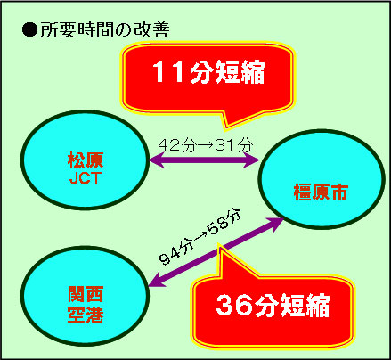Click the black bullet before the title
(29, 29)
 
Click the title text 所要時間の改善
(105, 29)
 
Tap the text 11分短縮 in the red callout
(208, 72)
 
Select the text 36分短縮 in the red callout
(273, 305)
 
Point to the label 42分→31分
(206, 145)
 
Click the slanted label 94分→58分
(200, 237)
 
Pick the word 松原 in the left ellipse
(86, 160)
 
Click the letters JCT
(86, 178)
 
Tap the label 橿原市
(321, 192)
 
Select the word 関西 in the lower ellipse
(86, 294)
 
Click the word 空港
(86, 315)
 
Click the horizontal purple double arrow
(204, 160)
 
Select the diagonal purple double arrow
(216, 252)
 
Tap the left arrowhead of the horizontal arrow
(155, 160)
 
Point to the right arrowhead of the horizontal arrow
(252, 160)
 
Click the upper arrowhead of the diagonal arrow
(275, 223)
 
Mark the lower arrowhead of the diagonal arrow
(156, 282)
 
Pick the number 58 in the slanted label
(219, 225)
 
